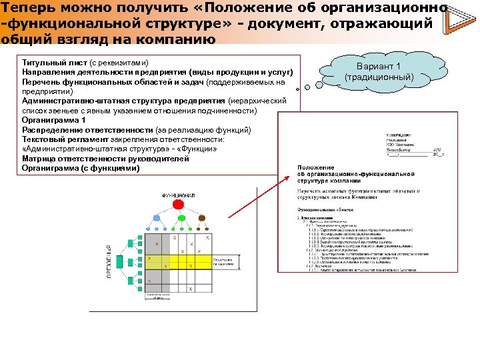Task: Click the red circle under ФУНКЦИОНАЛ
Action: coord(178,204)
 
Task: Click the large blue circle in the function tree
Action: coord(157,218)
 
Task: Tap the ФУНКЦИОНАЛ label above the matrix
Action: coord(178,195)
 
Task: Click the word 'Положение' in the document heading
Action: coord(316,167)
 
